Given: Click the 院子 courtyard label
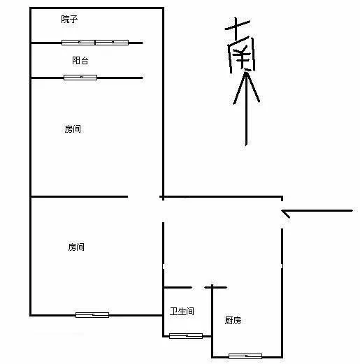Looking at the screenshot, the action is pyautogui.click(x=69, y=20).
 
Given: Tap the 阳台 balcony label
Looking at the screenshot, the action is pyautogui.click(x=80, y=61).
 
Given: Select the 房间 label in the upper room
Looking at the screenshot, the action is pyautogui.click(x=73, y=129).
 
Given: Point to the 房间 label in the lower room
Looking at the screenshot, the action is pyautogui.click(x=76, y=247).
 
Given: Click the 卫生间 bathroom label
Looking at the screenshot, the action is pyautogui.click(x=182, y=311).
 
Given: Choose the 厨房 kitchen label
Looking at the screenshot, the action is pyautogui.click(x=233, y=321).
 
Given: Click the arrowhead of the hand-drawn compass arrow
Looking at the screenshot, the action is pyautogui.click(x=246, y=86).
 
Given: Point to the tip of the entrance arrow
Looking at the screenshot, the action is pyautogui.click(x=282, y=211).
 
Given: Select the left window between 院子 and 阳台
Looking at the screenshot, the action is pyautogui.click(x=78, y=43).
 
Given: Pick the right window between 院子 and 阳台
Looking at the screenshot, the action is pyautogui.click(x=112, y=43).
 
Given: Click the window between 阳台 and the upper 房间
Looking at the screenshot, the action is pyautogui.click(x=80, y=78).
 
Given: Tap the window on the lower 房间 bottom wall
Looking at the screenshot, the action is pyautogui.click(x=92, y=315).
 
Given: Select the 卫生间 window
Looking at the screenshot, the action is pyautogui.click(x=186, y=336).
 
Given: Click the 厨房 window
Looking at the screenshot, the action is pyautogui.click(x=245, y=356).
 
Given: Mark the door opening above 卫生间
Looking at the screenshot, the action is pyautogui.click(x=199, y=288).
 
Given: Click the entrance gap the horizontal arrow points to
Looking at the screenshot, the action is pyautogui.click(x=282, y=214).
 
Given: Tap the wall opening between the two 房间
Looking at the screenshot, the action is pyautogui.click(x=144, y=197).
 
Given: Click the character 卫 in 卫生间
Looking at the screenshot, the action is pyautogui.click(x=174, y=311).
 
